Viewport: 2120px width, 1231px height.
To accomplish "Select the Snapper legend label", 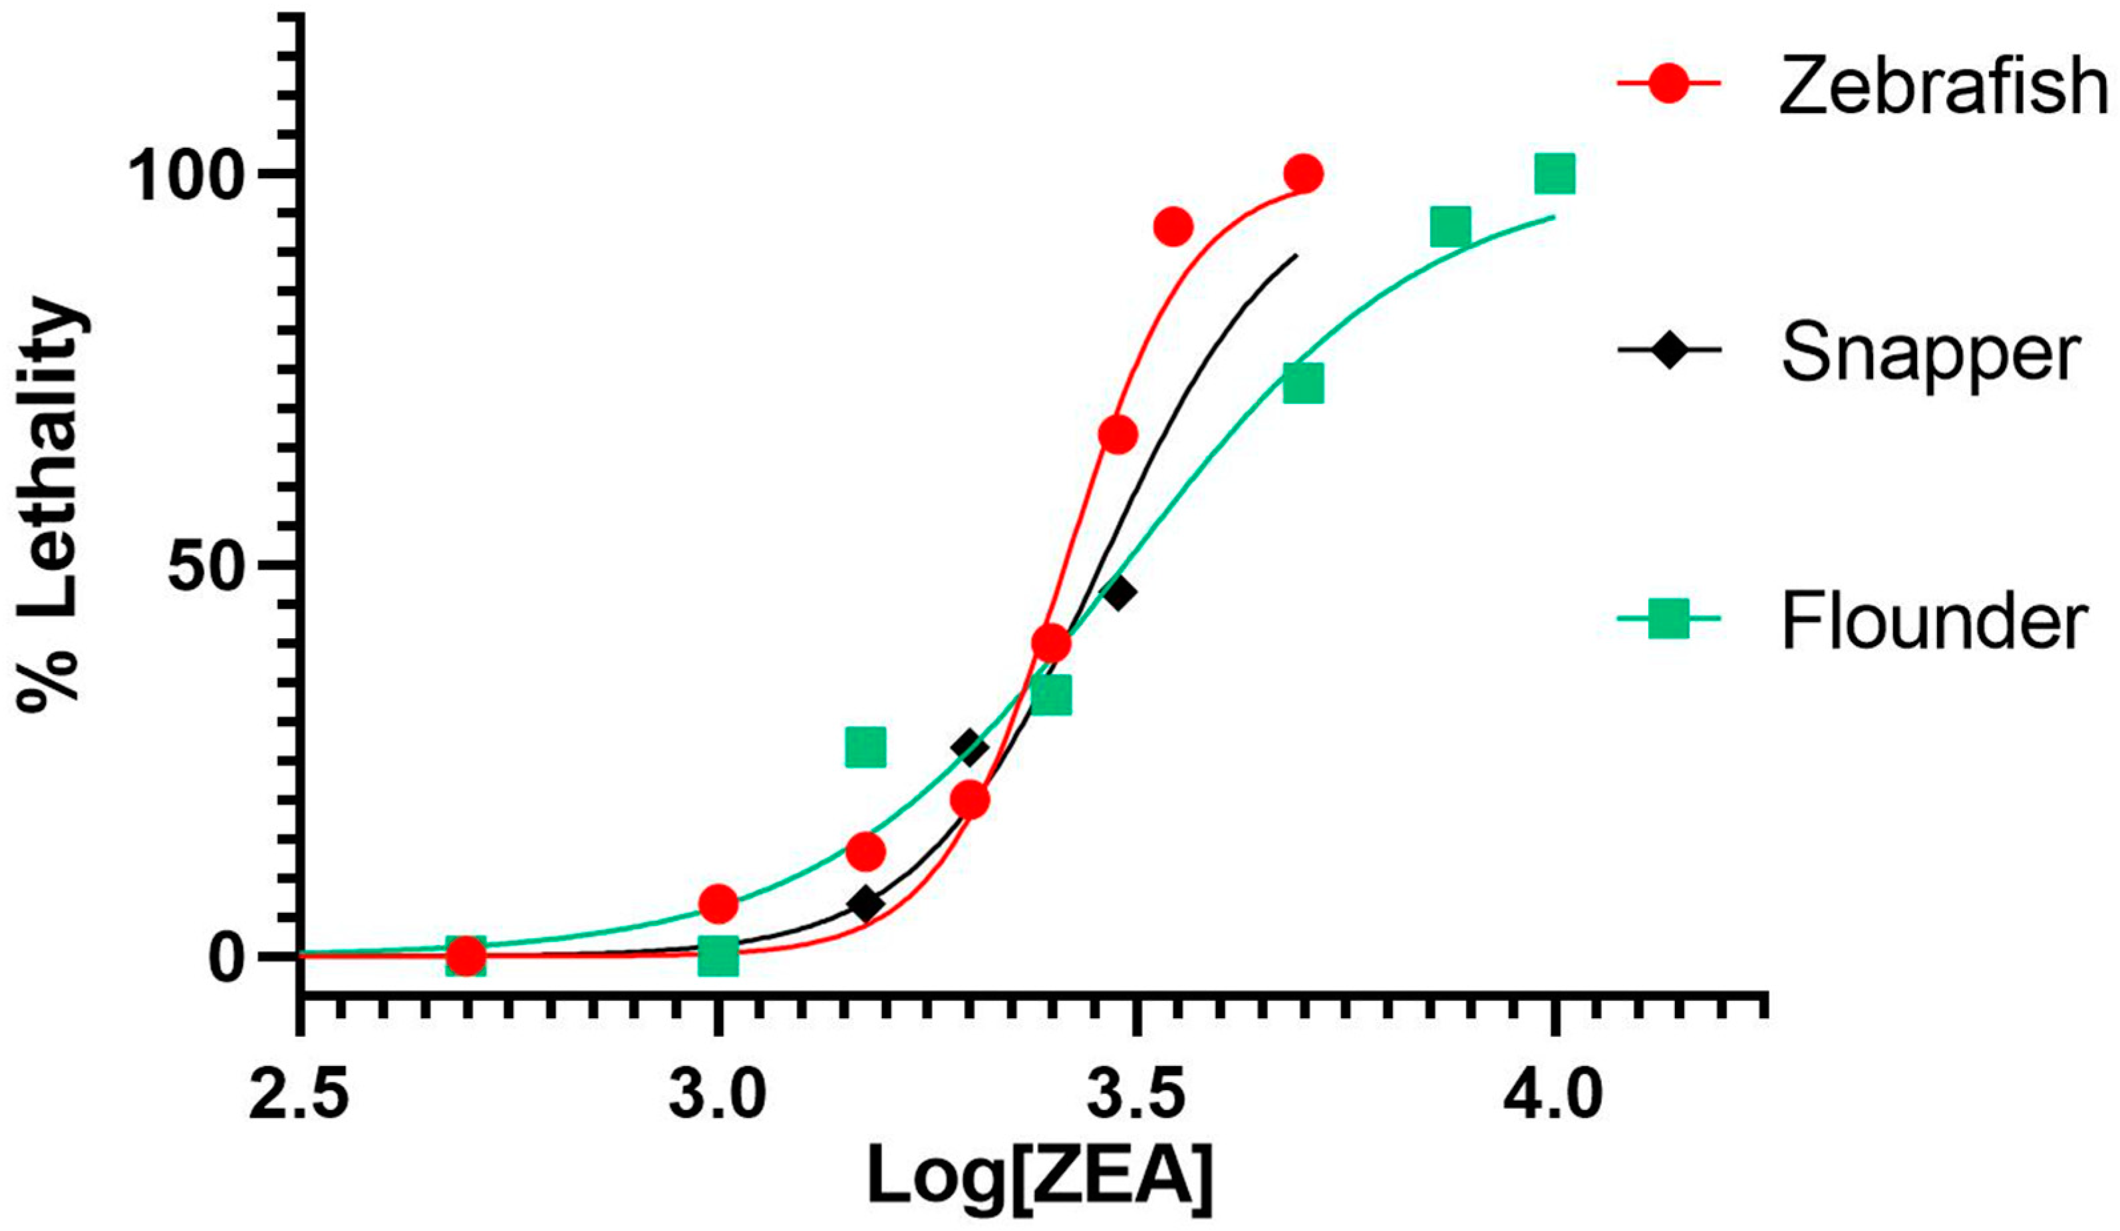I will click(1930, 354).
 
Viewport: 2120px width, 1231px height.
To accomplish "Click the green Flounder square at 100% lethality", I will click(1554, 174).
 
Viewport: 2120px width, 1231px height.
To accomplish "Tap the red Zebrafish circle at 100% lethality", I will click(1303, 174).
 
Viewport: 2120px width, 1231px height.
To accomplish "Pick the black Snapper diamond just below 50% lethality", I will click(1119, 593).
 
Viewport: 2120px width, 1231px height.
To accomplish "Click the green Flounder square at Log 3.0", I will click(718, 957).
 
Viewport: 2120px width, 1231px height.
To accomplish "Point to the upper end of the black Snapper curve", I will click(1296, 255).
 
